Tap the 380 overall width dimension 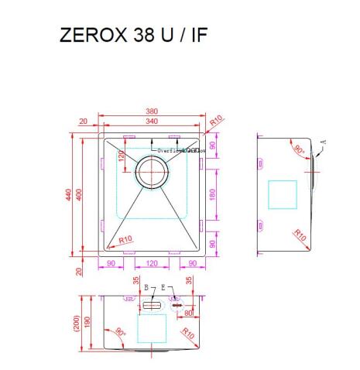[151, 111]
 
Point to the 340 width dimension [151, 121]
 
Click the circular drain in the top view [151, 171]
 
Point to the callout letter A [323, 142]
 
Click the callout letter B [145, 287]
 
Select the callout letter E [163, 287]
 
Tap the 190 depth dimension [89, 321]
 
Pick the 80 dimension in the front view [188, 313]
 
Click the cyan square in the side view [282, 194]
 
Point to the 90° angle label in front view [120, 332]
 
